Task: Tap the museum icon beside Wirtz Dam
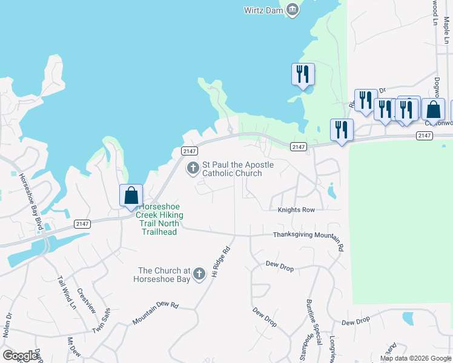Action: pos(293,10)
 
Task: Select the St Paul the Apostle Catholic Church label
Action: pos(237,169)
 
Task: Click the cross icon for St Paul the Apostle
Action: pos(193,168)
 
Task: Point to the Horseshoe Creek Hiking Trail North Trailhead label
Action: pos(159,219)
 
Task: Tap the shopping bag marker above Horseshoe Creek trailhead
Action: pos(131,196)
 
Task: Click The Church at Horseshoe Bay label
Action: pos(159,275)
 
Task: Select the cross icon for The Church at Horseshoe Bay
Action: pos(198,276)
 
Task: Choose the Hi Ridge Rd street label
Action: pos(221,262)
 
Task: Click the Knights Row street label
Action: pos(296,210)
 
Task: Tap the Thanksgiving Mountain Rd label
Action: pos(308,237)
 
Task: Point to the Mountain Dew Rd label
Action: pos(156,313)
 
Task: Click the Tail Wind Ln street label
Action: pos(67,293)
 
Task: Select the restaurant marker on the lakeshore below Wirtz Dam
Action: pos(302,75)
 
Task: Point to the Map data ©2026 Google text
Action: pos(415,358)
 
